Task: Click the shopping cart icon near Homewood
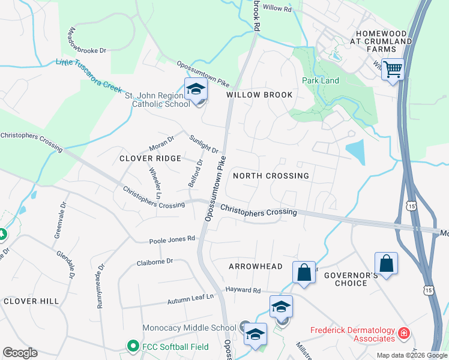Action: coord(393,70)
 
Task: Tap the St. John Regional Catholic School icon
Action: coord(196,90)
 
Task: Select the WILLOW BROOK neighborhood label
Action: coord(259,95)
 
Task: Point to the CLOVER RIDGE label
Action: coord(150,158)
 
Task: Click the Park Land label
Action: coord(321,80)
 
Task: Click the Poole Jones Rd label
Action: coord(172,239)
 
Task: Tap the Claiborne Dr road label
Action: coord(154,262)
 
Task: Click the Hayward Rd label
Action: coord(243,290)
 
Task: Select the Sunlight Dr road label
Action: coord(203,144)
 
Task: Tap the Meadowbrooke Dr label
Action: coord(87,41)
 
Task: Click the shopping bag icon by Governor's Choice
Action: coord(386,263)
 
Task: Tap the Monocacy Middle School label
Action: coord(189,328)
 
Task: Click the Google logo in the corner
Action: coord(20,353)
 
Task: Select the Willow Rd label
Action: coord(277,8)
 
